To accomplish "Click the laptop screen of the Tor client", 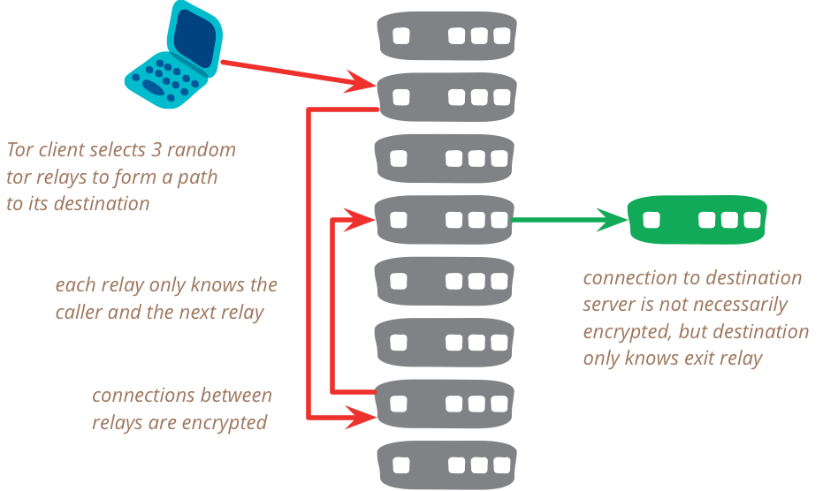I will (193, 41).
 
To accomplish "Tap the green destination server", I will (697, 220).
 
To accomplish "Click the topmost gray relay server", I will (446, 36).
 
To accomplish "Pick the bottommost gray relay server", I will (446, 465).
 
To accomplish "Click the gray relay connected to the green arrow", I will (444, 220).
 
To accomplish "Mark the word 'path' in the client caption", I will (200, 177).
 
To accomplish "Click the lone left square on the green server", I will (652, 219).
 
